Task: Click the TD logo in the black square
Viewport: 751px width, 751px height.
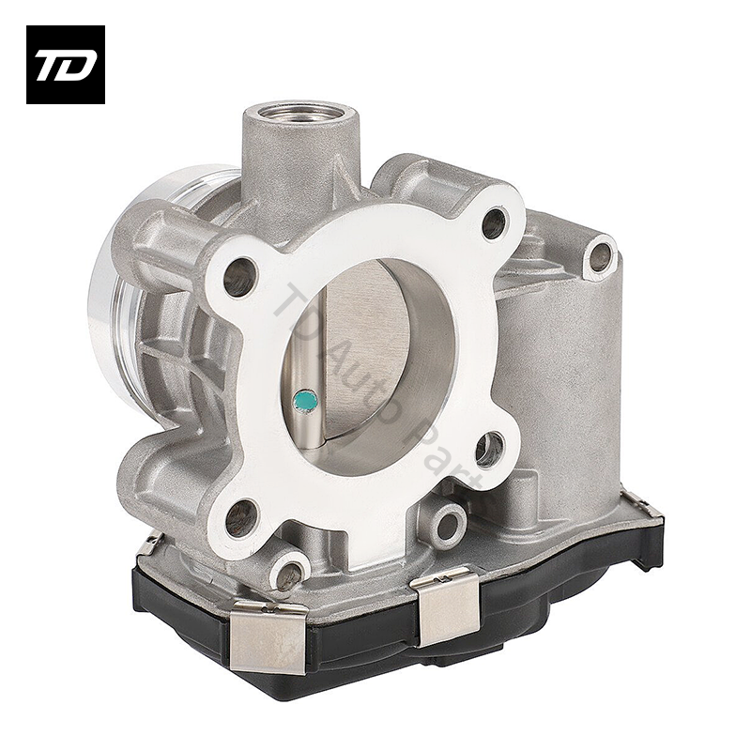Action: click(65, 64)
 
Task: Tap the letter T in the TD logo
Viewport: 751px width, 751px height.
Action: click(51, 65)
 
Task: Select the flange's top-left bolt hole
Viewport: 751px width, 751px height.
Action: click(239, 276)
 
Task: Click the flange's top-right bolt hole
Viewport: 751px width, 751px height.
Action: click(494, 222)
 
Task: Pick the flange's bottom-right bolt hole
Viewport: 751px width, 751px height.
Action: click(488, 450)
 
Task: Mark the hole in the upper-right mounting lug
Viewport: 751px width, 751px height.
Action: click(598, 255)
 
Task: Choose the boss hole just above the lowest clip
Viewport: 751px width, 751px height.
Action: click(289, 571)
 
